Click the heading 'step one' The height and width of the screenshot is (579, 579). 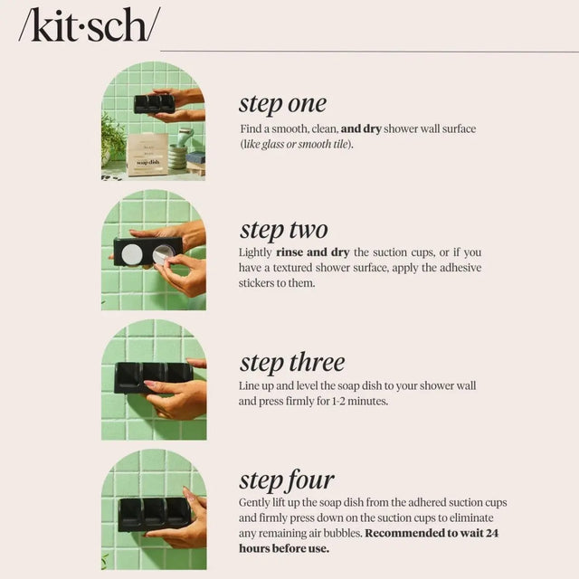[282, 102]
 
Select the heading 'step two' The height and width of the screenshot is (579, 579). [283, 229]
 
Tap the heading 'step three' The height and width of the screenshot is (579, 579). [291, 363]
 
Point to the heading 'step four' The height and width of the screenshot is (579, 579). [286, 479]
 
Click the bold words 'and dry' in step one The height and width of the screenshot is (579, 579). [361, 129]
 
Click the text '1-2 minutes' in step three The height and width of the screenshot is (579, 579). [357, 401]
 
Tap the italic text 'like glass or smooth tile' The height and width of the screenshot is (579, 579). [297, 145]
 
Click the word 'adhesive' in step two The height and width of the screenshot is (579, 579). [458, 268]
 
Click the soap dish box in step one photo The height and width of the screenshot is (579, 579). [147, 155]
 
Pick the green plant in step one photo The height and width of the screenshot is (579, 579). [112, 138]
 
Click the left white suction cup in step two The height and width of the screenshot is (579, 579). [131, 252]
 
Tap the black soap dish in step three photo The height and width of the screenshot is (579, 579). [153, 375]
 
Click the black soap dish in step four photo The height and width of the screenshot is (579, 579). [154, 513]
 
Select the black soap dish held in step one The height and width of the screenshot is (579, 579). [154, 103]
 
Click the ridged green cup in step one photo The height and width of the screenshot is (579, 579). [177, 157]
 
